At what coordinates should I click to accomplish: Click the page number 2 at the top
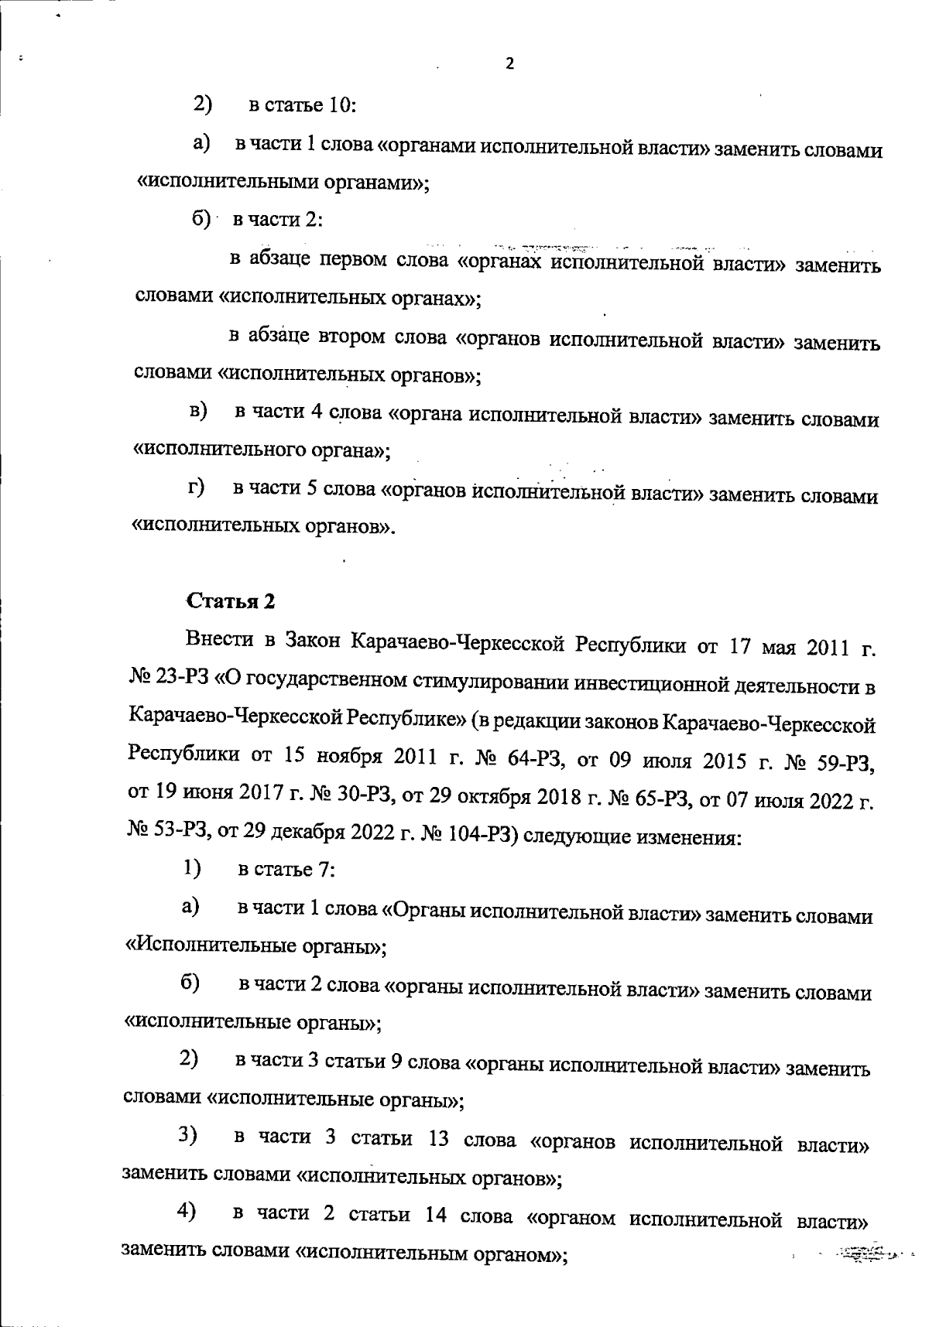coord(509,64)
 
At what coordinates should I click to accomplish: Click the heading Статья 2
coord(230,601)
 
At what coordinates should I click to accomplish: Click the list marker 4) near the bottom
coord(186,1211)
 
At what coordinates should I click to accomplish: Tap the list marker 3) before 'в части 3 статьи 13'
coord(187,1135)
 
